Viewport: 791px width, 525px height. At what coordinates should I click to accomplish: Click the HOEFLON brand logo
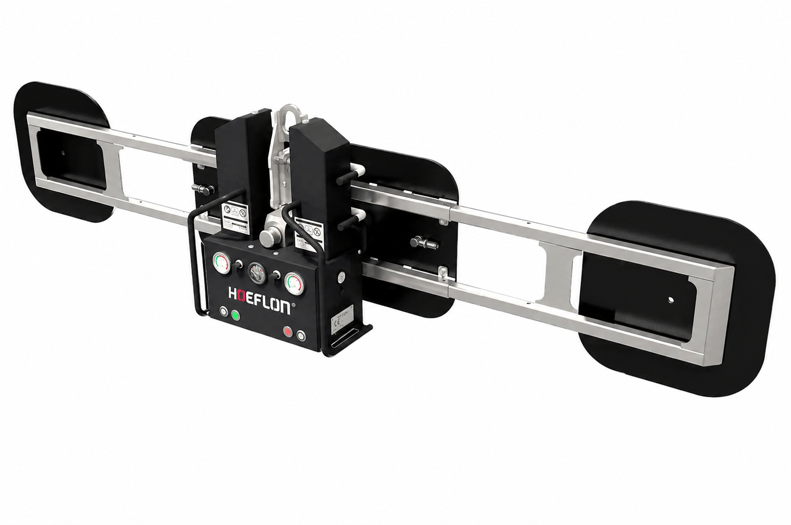260,295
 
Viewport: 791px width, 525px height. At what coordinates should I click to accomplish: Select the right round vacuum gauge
293,283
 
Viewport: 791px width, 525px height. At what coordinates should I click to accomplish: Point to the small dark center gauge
256,273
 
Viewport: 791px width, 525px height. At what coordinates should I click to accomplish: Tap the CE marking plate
340,322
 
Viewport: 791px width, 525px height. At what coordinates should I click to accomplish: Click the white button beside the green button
224,312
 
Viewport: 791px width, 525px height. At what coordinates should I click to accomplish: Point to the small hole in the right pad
671,299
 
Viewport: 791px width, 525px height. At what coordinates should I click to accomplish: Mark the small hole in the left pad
63,153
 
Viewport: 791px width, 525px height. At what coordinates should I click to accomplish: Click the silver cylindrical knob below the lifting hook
269,237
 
